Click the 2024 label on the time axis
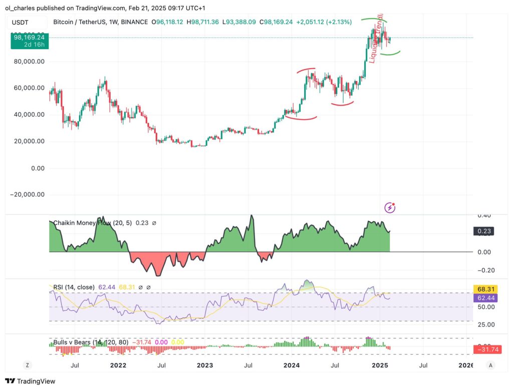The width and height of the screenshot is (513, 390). (292, 365)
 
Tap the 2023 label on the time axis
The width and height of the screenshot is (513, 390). (204, 365)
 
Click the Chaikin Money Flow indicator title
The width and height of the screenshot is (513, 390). (92, 223)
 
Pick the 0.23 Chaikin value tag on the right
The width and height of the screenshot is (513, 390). (483, 231)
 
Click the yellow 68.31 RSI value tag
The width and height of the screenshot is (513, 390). (483, 289)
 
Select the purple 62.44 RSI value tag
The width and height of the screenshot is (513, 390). (483, 298)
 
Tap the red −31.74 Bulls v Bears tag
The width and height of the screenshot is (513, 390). (485, 349)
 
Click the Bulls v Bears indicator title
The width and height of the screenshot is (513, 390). (91, 343)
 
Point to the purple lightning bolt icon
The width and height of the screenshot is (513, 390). (390, 207)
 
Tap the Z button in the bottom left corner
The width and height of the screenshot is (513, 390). (27, 365)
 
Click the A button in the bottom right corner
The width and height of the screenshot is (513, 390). (491, 365)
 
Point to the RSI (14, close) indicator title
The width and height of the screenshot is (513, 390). (74, 287)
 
